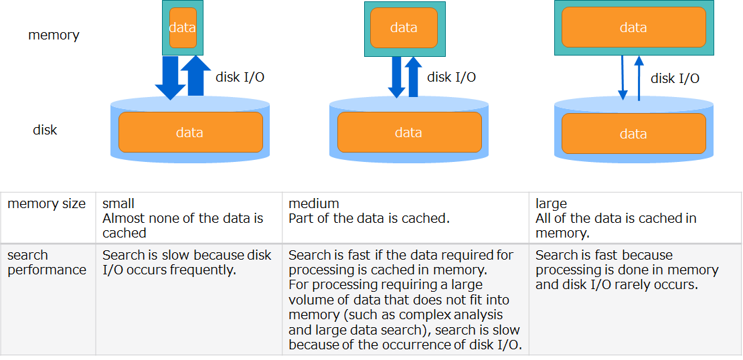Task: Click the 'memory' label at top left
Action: coord(54,35)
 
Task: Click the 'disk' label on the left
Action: coord(45,130)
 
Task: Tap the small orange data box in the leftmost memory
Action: coord(183,28)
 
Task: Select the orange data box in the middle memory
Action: coord(404,28)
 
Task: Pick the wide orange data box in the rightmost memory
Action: coord(633,27)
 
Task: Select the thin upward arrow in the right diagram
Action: coord(639,78)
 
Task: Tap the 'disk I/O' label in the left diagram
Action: coord(240,78)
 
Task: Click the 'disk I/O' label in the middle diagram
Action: coord(451,78)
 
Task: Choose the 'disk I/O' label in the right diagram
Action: coord(675,79)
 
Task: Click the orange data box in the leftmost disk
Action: coord(190,132)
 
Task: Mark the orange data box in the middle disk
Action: coord(409,132)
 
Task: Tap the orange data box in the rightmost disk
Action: coord(633,134)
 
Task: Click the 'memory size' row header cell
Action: coord(47,203)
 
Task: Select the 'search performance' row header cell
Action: coord(47,262)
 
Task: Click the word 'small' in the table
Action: coord(118,203)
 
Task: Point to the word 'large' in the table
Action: coord(551,203)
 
